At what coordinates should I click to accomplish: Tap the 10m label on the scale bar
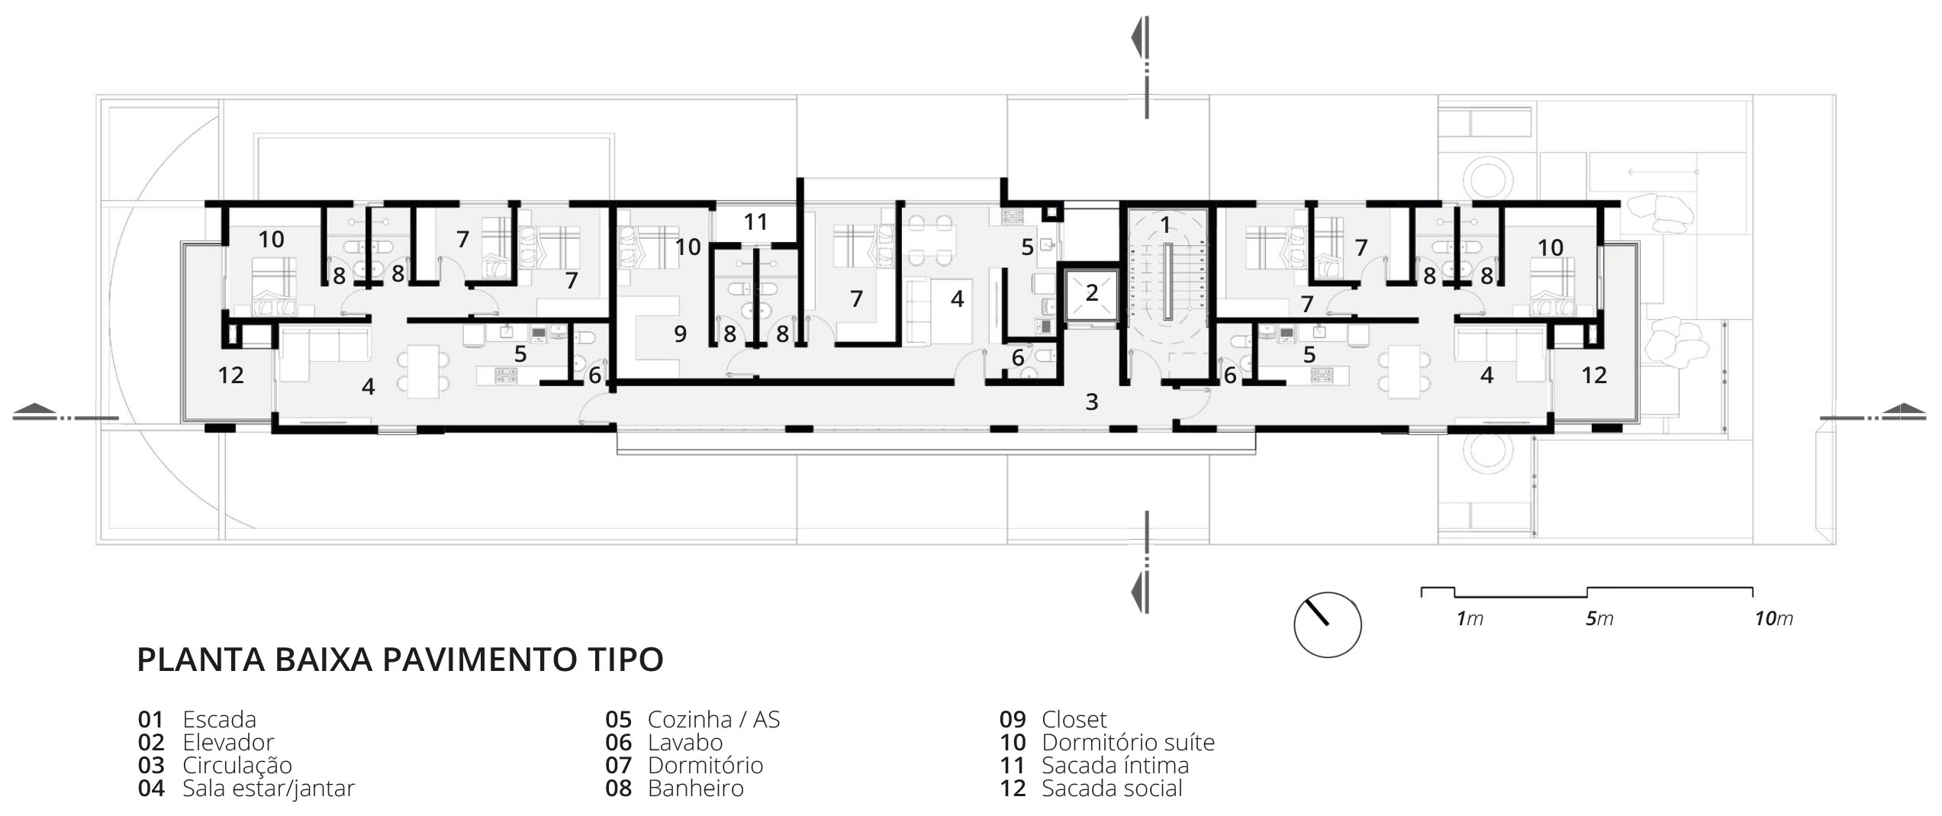(1773, 619)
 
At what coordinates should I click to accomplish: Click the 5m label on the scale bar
(1599, 619)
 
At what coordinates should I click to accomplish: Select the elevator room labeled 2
(1091, 293)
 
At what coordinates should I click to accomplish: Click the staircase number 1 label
(1165, 224)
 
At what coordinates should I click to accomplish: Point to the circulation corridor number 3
(1092, 402)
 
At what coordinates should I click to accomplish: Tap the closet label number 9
(680, 334)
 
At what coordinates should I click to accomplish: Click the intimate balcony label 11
(755, 222)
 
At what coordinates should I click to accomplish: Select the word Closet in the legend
(1074, 719)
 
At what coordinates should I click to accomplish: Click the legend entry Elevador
(228, 742)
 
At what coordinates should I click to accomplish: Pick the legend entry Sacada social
(1112, 788)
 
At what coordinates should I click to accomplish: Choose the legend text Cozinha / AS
(713, 719)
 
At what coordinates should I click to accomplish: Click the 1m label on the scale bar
(1470, 619)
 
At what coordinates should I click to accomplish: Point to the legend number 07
(619, 765)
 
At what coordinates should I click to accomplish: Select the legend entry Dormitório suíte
(1128, 742)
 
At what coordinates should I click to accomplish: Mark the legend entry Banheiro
(695, 788)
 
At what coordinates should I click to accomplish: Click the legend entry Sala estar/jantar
(269, 789)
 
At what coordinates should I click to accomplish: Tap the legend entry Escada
(219, 719)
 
